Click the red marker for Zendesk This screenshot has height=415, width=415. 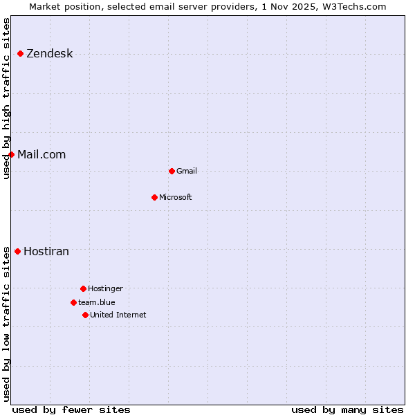click(20, 53)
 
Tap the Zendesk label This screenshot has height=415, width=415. click(49, 54)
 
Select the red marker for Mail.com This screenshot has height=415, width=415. click(11, 154)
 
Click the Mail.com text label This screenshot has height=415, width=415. click(41, 155)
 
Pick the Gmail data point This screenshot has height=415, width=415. click(172, 171)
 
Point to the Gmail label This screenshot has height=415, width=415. click(187, 171)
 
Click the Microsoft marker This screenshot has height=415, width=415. click(154, 197)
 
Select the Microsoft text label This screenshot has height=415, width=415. click(176, 197)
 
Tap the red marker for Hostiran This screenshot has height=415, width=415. click(17, 251)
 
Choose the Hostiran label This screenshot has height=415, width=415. click(46, 252)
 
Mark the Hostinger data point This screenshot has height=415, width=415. click(83, 288)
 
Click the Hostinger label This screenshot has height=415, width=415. click(105, 288)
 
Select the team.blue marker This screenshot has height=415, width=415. click(73, 302)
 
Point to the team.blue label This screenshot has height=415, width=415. click(97, 302)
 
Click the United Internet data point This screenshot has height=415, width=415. click(85, 315)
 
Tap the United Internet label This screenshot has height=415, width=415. click(118, 315)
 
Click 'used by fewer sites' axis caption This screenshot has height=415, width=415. click(71, 409)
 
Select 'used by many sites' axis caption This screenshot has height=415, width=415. click(347, 409)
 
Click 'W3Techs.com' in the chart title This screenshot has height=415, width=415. click(357, 6)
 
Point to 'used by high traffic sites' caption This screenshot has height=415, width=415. click(7, 98)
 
